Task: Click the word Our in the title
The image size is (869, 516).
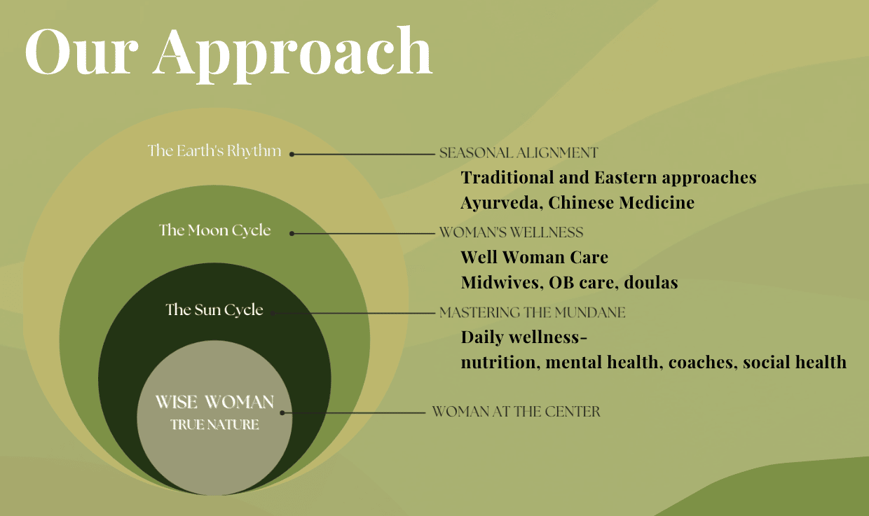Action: point(81,52)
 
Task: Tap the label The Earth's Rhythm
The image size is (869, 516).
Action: point(214,151)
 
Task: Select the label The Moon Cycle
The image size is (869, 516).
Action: point(215,230)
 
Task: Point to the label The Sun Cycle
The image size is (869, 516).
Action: point(214,309)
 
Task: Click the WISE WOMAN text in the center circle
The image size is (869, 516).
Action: point(214,402)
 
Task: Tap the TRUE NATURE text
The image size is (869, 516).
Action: point(214,424)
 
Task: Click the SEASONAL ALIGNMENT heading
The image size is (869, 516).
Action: point(519,153)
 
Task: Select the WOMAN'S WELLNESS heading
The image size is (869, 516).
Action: point(512,232)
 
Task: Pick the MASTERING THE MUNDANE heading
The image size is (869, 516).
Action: point(533,312)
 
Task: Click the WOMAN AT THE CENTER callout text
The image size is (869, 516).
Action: point(516,411)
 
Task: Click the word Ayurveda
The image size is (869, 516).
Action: point(502,203)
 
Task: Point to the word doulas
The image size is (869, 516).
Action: point(651,283)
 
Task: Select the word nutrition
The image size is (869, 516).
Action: point(500,363)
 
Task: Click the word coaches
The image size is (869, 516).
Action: point(703,363)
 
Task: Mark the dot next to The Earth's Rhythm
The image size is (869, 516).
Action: point(292,154)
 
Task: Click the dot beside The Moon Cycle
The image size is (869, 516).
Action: point(292,233)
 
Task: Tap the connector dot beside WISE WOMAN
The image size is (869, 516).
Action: point(282,413)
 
